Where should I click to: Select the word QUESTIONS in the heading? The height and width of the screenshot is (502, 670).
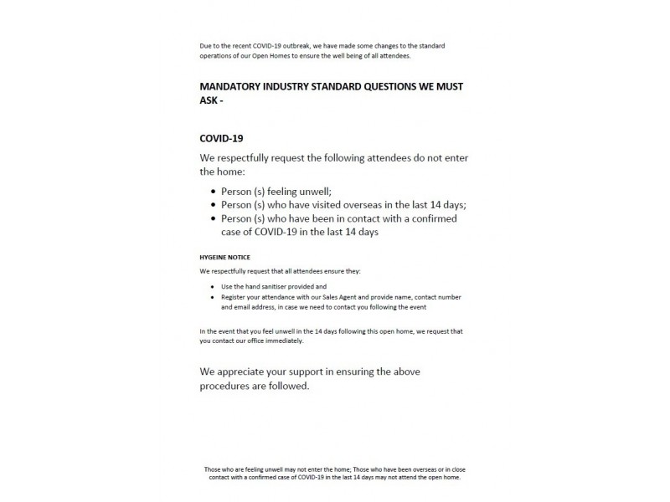382,86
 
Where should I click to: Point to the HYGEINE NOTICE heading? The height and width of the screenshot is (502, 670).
225,257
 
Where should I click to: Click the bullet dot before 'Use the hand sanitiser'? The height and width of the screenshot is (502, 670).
212,287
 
